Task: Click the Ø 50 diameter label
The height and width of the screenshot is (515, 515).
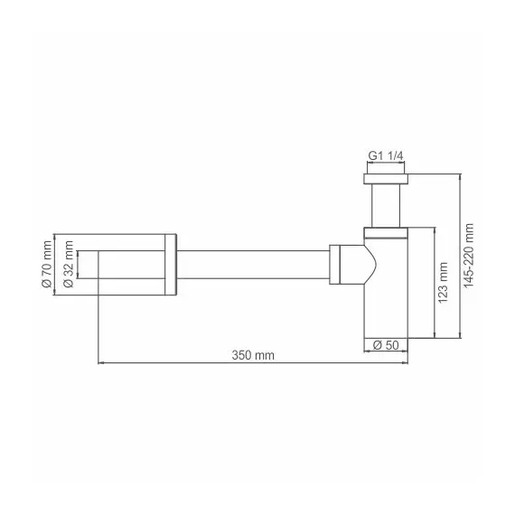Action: pos(388,343)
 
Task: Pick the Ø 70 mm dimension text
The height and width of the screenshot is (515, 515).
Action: pos(45,266)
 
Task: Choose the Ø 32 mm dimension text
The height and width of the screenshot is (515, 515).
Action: pos(68,266)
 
